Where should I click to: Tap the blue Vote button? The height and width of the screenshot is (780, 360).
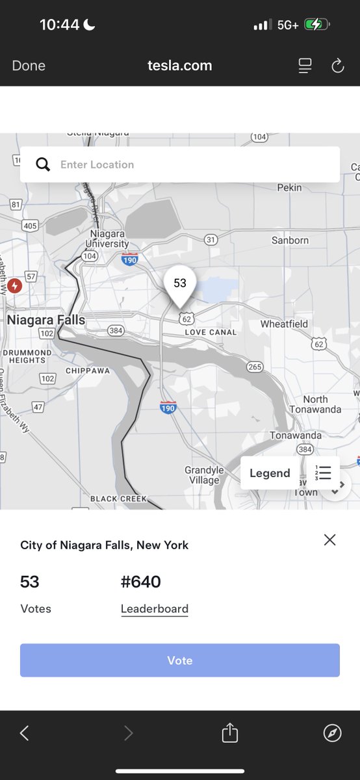click(x=180, y=660)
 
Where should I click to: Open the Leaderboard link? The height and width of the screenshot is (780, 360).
click(x=155, y=609)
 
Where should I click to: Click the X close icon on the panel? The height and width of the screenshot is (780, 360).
click(x=330, y=539)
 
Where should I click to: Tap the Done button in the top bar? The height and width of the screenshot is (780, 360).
click(x=29, y=66)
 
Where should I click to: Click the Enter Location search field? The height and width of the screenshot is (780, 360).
click(x=188, y=164)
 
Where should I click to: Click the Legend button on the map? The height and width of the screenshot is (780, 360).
click(x=270, y=473)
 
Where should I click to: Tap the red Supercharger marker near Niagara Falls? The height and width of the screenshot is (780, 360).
click(x=15, y=285)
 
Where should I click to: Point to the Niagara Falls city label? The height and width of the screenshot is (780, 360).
click(x=46, y=320)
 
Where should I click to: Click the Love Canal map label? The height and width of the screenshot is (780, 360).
click(x=211, y=332)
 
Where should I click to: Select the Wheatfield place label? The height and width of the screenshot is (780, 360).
click(x=284, y=324)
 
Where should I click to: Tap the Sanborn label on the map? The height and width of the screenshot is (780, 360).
click(x=290, y=240)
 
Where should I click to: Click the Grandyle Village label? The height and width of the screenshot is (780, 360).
click(x=204, y=475)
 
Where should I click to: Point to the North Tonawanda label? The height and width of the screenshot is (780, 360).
click(x=315, y=404)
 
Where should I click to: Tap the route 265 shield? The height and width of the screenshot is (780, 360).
click(x=255, y=367)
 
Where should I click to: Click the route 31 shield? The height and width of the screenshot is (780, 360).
click(x=211, y=240)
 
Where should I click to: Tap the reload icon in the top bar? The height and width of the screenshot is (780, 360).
click(x=337, y=66)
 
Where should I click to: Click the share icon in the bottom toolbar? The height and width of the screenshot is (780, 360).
click(x=230, y=733)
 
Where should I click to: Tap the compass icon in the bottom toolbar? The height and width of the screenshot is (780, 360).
click(x=332, y=733)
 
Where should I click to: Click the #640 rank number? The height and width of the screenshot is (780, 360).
click(x=141, y=582)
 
